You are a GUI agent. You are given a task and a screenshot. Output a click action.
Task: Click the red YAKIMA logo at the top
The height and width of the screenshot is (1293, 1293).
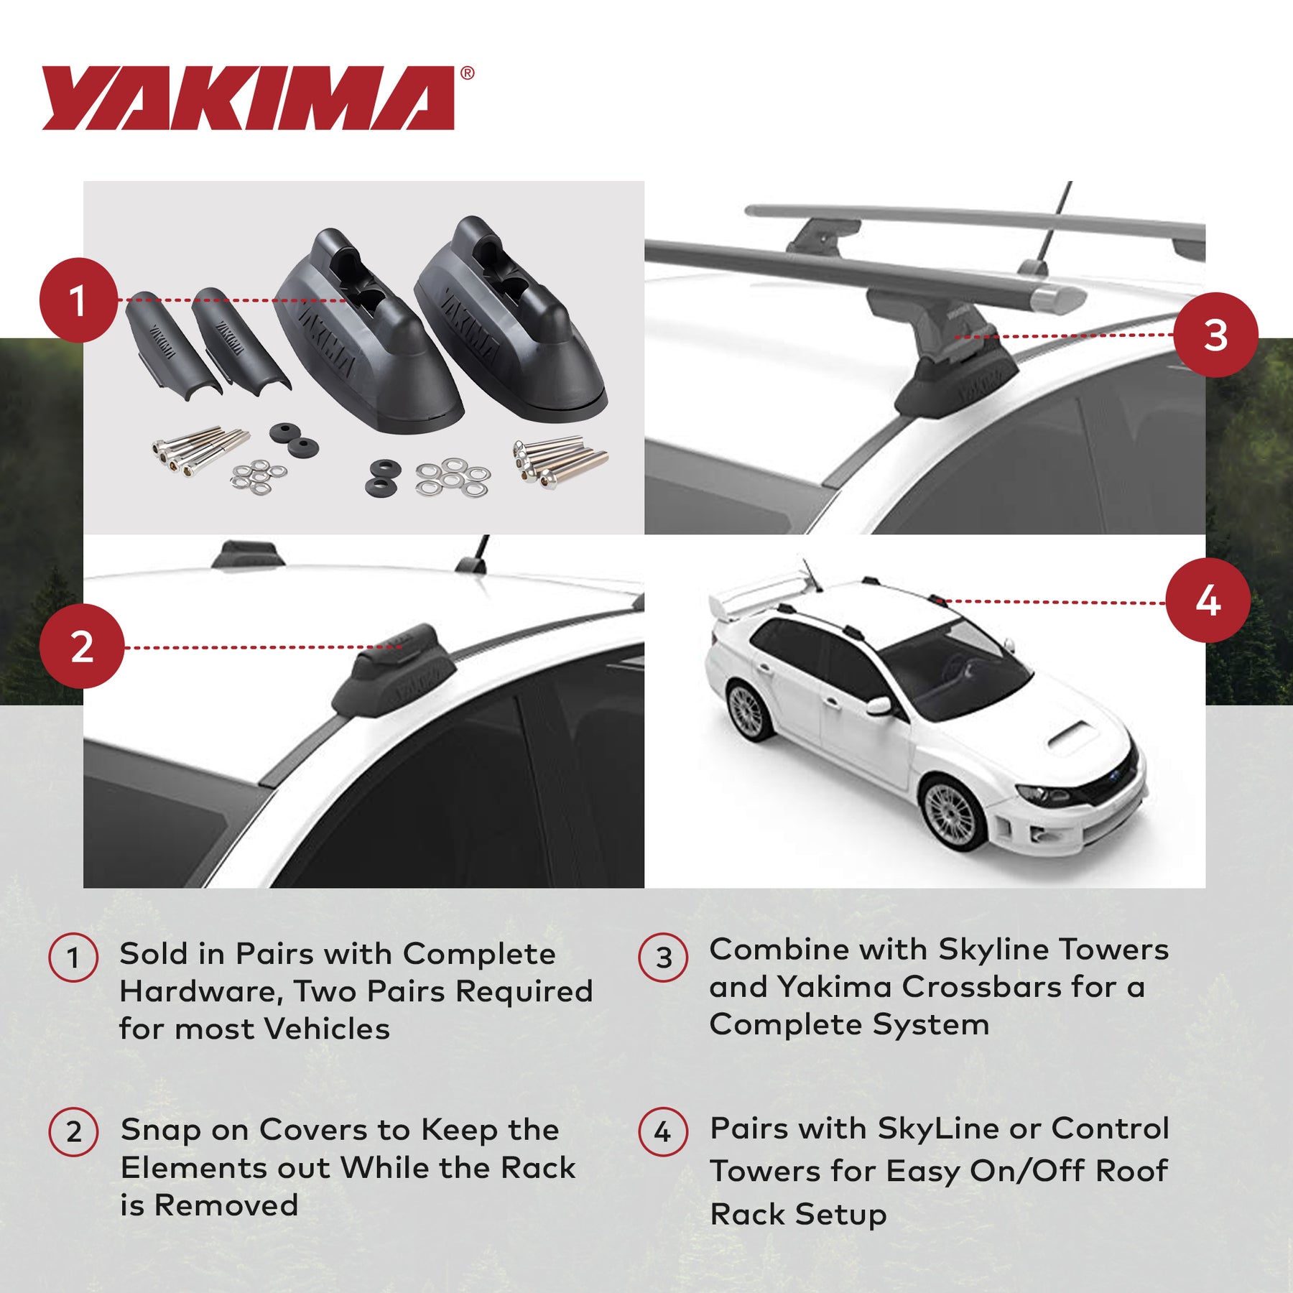click(x=248, y=98)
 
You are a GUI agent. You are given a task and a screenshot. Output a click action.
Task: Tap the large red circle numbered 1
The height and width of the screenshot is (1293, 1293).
click(x=78, y=300)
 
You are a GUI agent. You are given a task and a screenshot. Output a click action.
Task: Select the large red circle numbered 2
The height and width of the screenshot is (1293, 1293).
click(x=82, y=646)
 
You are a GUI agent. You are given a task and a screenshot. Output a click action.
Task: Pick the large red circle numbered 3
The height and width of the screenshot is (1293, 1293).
click(x=1215, y=335)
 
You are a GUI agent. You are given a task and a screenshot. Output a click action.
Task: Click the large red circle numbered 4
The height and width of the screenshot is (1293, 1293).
click(x=1208, y=601)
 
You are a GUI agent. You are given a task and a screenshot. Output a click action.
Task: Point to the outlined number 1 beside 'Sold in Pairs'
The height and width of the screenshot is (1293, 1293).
click(x=73, y=958)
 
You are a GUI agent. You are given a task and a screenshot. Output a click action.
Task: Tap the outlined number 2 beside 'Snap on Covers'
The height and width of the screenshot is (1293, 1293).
click(x=73, y=1131)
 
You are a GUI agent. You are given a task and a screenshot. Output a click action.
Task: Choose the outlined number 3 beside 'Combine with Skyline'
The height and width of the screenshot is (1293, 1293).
click(x=664, y=958)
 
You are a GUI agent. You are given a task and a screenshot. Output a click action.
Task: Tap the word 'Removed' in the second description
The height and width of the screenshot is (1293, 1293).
click(x=226, y=1205)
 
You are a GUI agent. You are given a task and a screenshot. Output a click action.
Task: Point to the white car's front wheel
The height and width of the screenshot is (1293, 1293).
click(x=953, y=814)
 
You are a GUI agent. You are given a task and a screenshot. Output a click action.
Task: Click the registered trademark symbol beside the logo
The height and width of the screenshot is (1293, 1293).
click(x=467, y=73)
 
